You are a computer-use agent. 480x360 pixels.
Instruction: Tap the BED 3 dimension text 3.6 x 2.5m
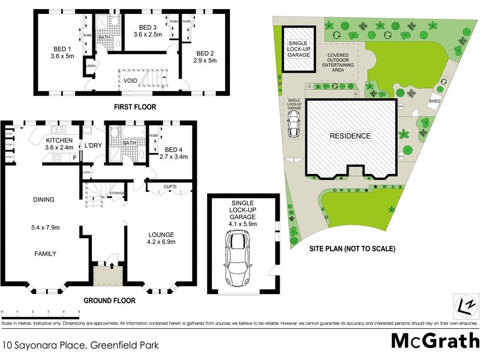tap(147, 35)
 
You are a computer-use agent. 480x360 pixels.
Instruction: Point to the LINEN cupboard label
tap(91, 66)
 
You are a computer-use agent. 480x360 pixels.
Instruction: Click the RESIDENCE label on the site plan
tap(350, 136)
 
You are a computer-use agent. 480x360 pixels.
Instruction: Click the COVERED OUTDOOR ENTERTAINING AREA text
tap(338, 62)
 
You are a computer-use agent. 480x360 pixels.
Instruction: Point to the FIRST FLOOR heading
tap(135, 107)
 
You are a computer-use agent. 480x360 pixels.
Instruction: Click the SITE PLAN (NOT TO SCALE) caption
tap(352, 248)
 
